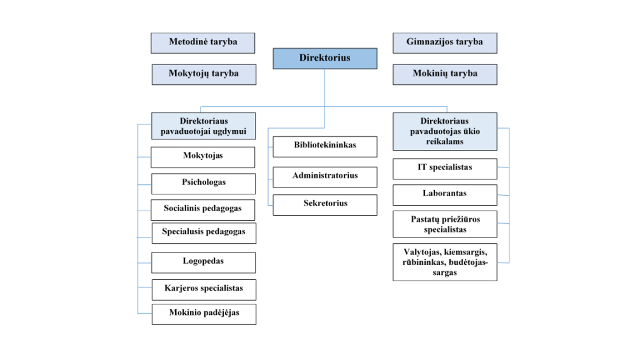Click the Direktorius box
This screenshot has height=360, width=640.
click(325, 58)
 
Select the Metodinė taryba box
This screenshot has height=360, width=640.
click(203, 43)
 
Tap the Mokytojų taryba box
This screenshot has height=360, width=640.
click(204, 74)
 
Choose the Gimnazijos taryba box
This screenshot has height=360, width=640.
click(445, 43)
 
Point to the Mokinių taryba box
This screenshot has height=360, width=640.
click(445, 74)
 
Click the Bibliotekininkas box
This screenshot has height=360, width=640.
click(325, 146)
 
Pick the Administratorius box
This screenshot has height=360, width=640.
click(325, 177)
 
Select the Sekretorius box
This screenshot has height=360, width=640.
click(325, 205)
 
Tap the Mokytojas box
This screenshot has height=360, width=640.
click(203, 157)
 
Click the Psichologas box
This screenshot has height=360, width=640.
click(204, 184)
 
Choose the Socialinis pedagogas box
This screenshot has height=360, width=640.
click(203, 210)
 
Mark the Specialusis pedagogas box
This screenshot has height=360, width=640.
click(204, 233)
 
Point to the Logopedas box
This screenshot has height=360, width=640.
click(204, 262)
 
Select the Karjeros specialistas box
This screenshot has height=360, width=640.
click(204, 290)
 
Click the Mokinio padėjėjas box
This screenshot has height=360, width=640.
click(204, 314)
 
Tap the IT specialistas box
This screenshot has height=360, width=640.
click(445, 169)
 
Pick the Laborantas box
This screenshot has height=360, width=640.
click(445, 195)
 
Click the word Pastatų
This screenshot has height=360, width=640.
click(425, 219)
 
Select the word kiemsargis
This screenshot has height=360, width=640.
click(466, 252)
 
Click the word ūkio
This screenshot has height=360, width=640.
click(471, 131)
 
